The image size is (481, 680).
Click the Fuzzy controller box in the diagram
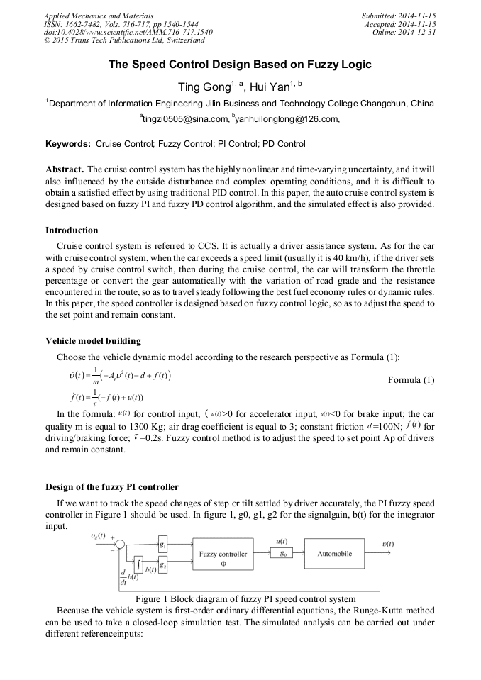point(223,558)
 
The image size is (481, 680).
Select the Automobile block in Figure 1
point(334,553)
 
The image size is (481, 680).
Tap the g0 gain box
point(282,553)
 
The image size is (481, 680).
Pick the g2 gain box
point(162,565)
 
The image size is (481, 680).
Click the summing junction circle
point(120,545)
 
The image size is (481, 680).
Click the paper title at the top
point(240,65)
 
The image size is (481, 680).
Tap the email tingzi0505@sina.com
point(184,119)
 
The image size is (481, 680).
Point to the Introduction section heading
point(72,230)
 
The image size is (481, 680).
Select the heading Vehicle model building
point(93,340)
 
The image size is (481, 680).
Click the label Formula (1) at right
point(411,380)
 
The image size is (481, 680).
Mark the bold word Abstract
point(65,170)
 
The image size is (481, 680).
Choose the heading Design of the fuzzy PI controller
point(112,486)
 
